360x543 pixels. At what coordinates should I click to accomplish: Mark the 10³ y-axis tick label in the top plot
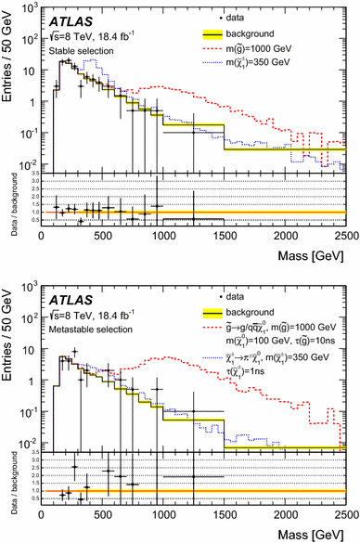(x=30, y=8)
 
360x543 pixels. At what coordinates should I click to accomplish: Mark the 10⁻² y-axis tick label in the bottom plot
(x=30, y=436)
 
